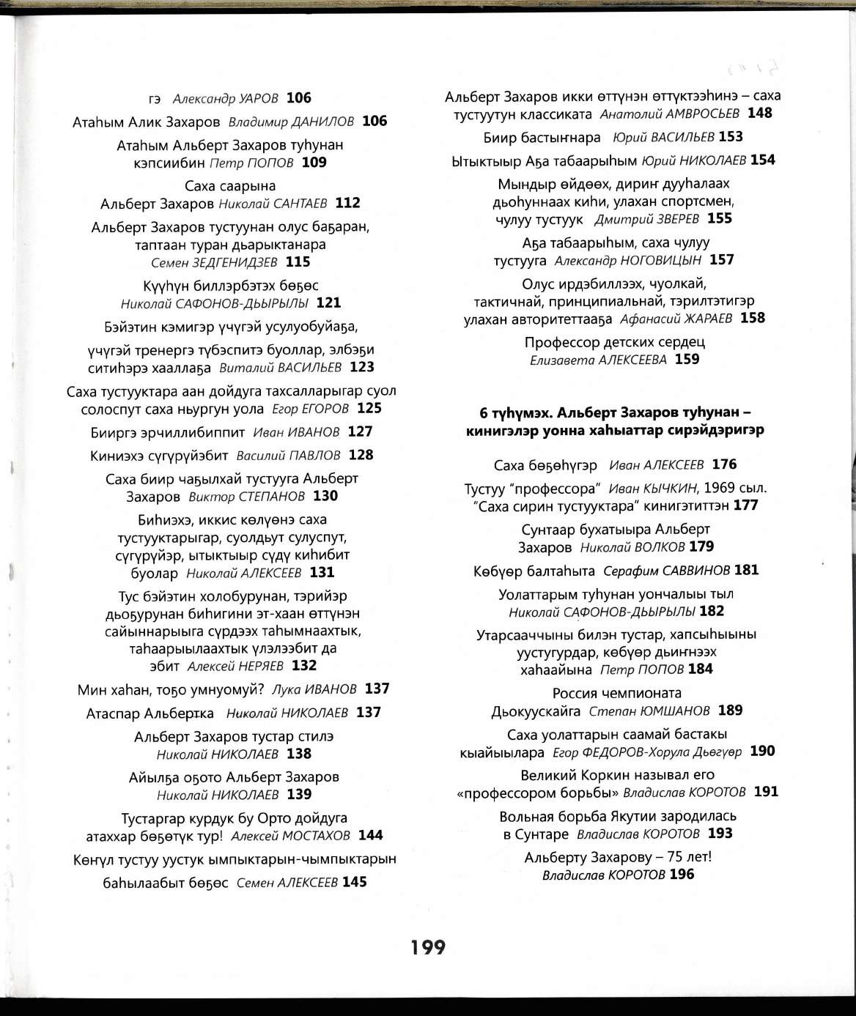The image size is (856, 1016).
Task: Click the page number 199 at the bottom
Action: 428,947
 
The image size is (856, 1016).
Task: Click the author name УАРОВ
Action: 259,98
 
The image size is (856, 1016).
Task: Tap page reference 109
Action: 314,163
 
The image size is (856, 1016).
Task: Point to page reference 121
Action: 328,303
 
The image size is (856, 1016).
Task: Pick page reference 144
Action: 370,835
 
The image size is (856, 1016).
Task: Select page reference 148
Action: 759,113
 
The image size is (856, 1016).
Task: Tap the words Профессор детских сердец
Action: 614,342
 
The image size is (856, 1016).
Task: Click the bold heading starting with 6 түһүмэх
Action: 615,421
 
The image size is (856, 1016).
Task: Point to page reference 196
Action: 682,874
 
